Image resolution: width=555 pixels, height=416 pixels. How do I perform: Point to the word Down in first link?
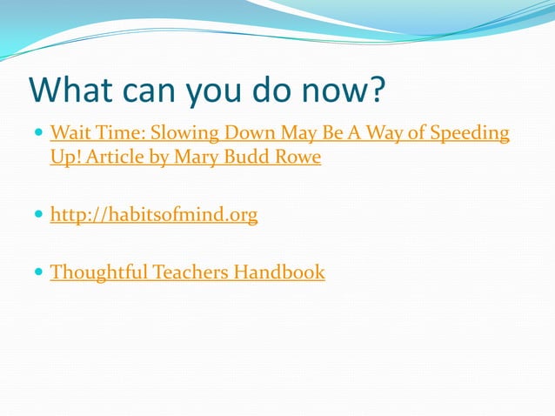click(x=251, y=134)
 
